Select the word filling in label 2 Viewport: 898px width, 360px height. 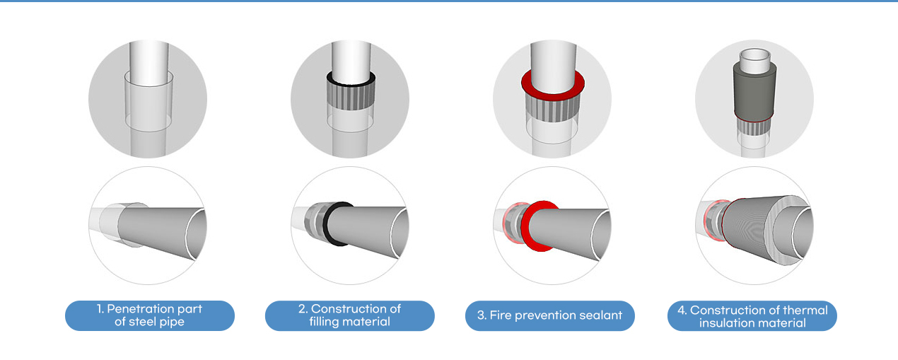324,322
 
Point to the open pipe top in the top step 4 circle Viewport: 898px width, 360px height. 755,54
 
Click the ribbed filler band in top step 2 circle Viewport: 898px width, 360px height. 351,97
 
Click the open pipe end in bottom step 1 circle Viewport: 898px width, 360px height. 196,233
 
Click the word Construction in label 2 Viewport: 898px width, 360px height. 356,309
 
